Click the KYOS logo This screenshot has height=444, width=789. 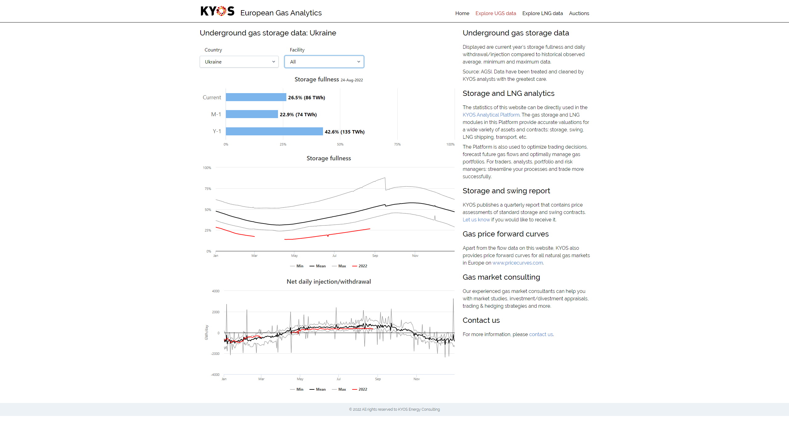(217, 11)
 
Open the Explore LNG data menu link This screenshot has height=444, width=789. (542, 13)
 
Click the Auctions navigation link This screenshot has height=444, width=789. (579, 13)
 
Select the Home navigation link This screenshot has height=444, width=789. (462, 13)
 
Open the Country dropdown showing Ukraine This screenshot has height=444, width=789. (239, 62)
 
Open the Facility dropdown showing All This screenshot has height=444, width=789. (324, 62)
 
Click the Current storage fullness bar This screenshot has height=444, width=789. (256, 97)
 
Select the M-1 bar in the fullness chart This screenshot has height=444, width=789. (251, 114)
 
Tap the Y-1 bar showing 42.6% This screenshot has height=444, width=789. (274, 131)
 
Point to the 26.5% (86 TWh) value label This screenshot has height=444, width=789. (306, 97)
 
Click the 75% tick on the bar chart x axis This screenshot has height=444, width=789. (397, 144)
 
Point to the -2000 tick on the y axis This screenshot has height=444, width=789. (215, 354)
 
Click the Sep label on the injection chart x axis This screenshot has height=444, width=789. (378, 379)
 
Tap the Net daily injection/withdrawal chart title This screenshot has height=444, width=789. (329, 282)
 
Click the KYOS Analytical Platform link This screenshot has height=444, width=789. (491, 115)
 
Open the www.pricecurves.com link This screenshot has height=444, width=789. (517, 263)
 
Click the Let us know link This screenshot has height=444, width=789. (476, 220)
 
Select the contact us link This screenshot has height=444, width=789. (541, 334)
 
